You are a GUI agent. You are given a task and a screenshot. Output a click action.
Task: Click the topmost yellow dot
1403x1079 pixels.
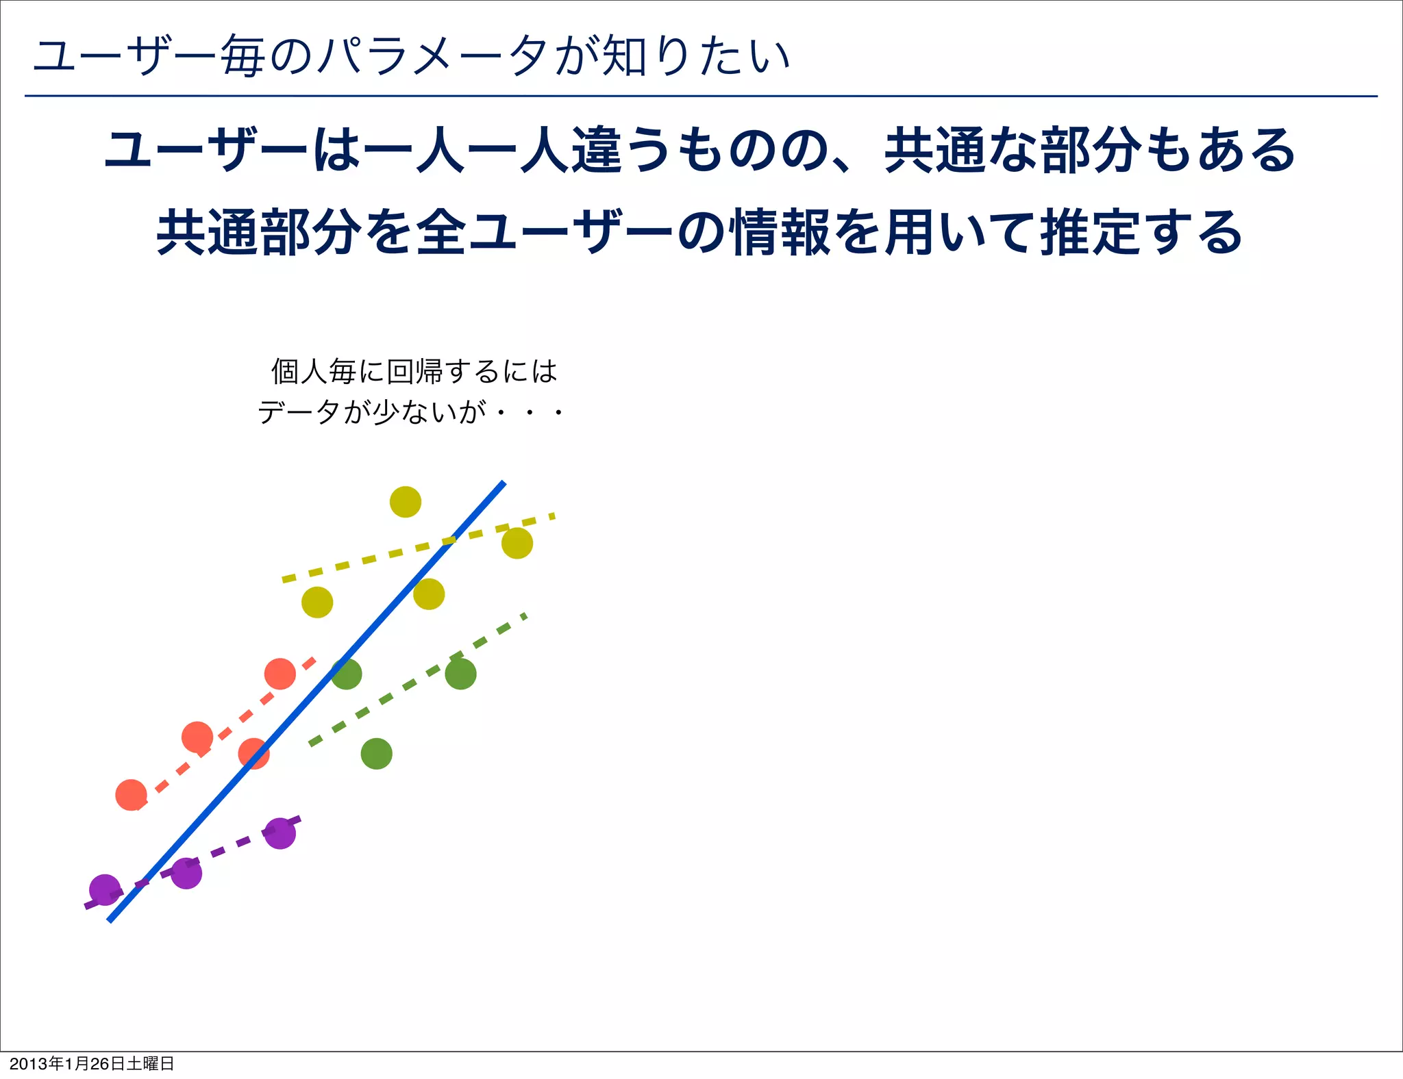405,502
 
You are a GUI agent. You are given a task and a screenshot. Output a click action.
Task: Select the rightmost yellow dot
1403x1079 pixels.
517,543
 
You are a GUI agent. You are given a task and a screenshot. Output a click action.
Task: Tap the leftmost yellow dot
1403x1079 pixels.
317,602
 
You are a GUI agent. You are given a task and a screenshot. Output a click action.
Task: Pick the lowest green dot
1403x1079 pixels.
376,754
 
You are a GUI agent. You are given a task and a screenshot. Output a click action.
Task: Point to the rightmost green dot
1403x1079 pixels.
460,674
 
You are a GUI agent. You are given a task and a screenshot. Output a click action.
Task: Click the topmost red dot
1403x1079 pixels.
280,674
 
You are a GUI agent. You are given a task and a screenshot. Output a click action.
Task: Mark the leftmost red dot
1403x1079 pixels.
131,795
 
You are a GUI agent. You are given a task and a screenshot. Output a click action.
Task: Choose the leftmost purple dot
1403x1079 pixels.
105,890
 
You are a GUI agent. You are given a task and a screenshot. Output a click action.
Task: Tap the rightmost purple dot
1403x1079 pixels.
280,833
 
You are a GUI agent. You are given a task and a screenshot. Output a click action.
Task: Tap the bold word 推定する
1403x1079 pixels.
1141,233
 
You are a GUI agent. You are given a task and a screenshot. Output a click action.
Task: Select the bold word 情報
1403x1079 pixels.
781,233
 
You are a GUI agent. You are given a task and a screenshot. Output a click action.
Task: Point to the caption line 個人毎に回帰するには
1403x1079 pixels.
414,371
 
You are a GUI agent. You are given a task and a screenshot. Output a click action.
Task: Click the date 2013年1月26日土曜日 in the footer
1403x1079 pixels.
92,1063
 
